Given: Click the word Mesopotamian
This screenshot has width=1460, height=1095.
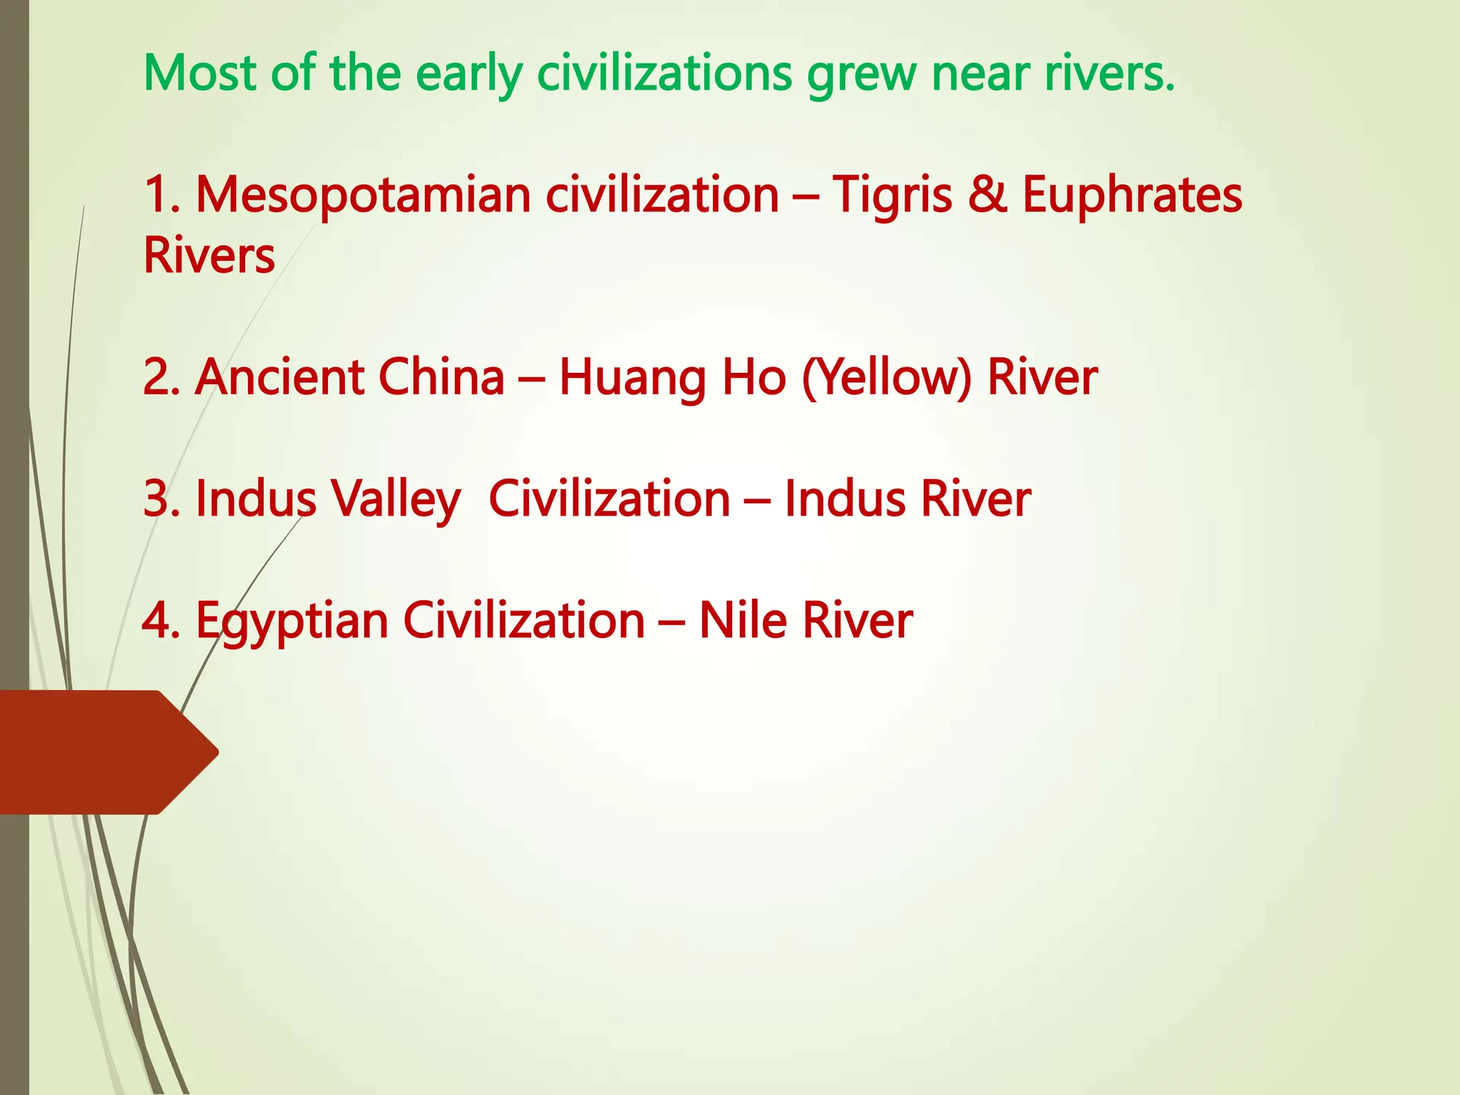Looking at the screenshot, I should (364, 195).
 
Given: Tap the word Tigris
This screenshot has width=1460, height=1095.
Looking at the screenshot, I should (892, 195).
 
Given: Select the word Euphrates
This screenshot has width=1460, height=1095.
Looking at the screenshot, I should (1132, 195).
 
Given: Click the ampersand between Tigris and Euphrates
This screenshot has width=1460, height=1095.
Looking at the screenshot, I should (988, 195).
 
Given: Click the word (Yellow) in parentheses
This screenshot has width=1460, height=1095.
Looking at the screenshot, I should (887, 378).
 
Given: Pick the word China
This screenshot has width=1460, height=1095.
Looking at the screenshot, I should (441, 378).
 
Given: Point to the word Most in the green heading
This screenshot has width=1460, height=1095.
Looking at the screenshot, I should (200, 73).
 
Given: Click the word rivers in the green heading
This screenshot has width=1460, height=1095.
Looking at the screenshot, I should (1109, 74).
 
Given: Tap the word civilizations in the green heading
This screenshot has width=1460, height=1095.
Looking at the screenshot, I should (664, 73).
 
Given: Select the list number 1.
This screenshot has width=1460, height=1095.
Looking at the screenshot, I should (160, 195).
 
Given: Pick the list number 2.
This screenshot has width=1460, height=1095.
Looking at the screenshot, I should (160, 378).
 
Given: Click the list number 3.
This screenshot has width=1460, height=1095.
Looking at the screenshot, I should (160, 499).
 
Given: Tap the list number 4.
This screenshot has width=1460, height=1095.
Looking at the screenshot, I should (160, 620).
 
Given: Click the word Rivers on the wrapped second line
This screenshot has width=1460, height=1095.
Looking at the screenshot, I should (209, 256).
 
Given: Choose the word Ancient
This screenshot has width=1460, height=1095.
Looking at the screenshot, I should (279, 378).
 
